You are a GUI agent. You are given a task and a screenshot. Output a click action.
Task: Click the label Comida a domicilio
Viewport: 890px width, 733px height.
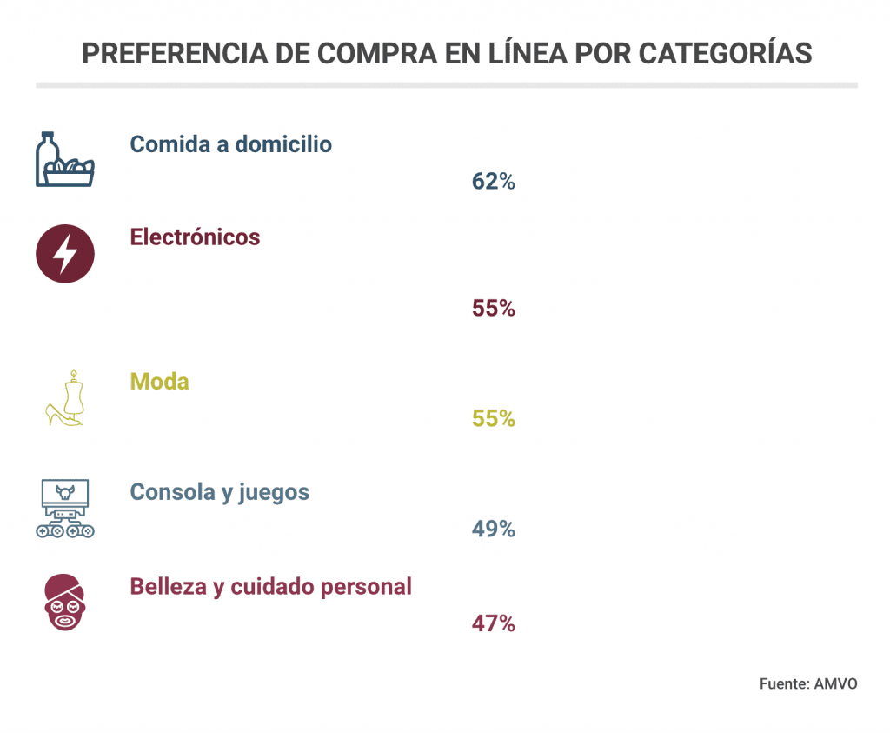pyautogui.click(x=230, y=144)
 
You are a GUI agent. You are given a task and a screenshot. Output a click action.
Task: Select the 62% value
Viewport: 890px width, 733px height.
pyautogui.click(x=494, y=182)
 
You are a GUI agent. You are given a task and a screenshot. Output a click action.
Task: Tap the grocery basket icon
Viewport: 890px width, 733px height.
pyautogui.click(x=64, y=160)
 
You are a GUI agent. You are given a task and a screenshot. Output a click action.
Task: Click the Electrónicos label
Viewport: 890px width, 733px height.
pyautogui.click(x=195, y=237)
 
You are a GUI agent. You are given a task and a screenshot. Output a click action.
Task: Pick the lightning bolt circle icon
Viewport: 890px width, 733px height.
pyautogui.click(x=64, y=254)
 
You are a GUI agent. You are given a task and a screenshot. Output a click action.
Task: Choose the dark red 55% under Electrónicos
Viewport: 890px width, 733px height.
pyautogui.click(x=494, y=308)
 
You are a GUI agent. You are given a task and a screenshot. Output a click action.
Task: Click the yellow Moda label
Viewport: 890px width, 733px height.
pyautogui.click(x=159, y=381)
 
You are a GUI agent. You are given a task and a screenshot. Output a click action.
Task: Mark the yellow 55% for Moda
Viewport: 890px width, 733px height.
pyautogui.click(x=494, y=418)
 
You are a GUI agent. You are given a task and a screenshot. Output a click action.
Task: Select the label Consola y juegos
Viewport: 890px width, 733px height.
pyautogui.click(x=219, y=492)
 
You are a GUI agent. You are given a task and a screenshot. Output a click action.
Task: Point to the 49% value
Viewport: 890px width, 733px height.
pyautogui.click(x=494, y=529)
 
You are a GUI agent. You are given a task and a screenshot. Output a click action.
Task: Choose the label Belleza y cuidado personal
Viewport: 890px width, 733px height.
pyautogui.click(x=270, y=586)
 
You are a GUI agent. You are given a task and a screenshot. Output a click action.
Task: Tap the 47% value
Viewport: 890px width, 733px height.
pyautogui.click(x=494, y=623)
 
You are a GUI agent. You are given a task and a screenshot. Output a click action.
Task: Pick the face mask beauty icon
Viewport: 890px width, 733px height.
pyautogui.click(x=64, y=602)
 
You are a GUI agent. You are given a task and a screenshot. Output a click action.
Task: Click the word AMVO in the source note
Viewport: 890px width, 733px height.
pyautogui.click(x=835, y=683)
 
